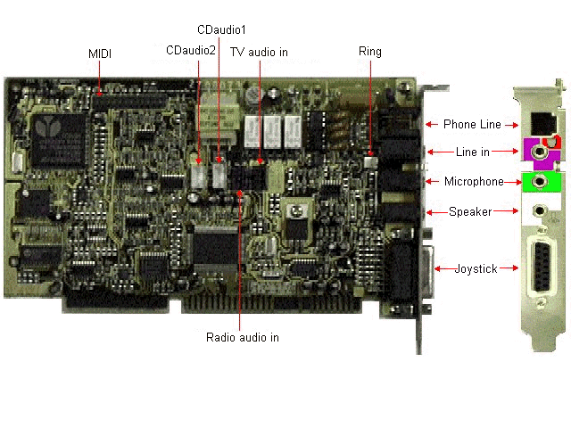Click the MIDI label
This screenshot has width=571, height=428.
pyautogui.click(x=99, y=54)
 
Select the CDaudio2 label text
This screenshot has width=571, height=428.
pyautogui.click(x=190, y=51)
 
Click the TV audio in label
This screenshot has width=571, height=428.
pyautogui.click(x=260, y=53)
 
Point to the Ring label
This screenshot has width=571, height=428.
pyautogui.click(x=369, y=51)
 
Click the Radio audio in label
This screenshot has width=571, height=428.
pyautogui.click(x=242, y=337)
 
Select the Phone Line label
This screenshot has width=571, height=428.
pyautogui.click(x=472, y=124)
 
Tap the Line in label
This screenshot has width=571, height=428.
pyautogui.click(x=472, y=153)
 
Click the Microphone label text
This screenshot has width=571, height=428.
pyautogui.click(x=474, y=182)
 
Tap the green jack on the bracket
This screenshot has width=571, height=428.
pyautogui.click(x=538, y=182)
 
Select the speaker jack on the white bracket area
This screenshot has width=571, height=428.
pyautogui.click(x=538, y=211)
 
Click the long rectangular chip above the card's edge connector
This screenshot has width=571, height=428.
pyautogui.click(x=215, y=246)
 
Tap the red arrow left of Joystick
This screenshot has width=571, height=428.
pyautogui.click(x=439, y=267)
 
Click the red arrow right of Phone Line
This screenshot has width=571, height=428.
pyautogui.click(x=510, y=124)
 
